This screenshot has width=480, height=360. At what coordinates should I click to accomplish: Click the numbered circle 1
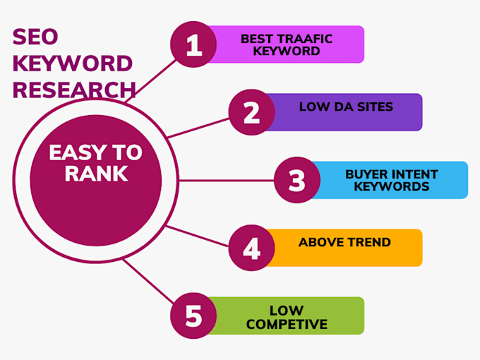(194, 44)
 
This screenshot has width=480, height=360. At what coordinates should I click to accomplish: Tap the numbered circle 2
(252, 112)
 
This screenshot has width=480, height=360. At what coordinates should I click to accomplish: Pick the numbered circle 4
(252, 248)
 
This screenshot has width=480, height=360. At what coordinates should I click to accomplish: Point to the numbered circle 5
(194, 316)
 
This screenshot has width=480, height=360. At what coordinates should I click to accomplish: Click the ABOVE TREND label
(344, 242)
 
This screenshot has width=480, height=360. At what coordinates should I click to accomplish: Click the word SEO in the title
(33, 37)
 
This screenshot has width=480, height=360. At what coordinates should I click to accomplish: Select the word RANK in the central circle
(95, 174)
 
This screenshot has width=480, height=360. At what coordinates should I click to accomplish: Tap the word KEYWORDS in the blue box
(391, 186)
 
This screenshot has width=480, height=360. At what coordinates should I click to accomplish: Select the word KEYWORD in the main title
(72, 64)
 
